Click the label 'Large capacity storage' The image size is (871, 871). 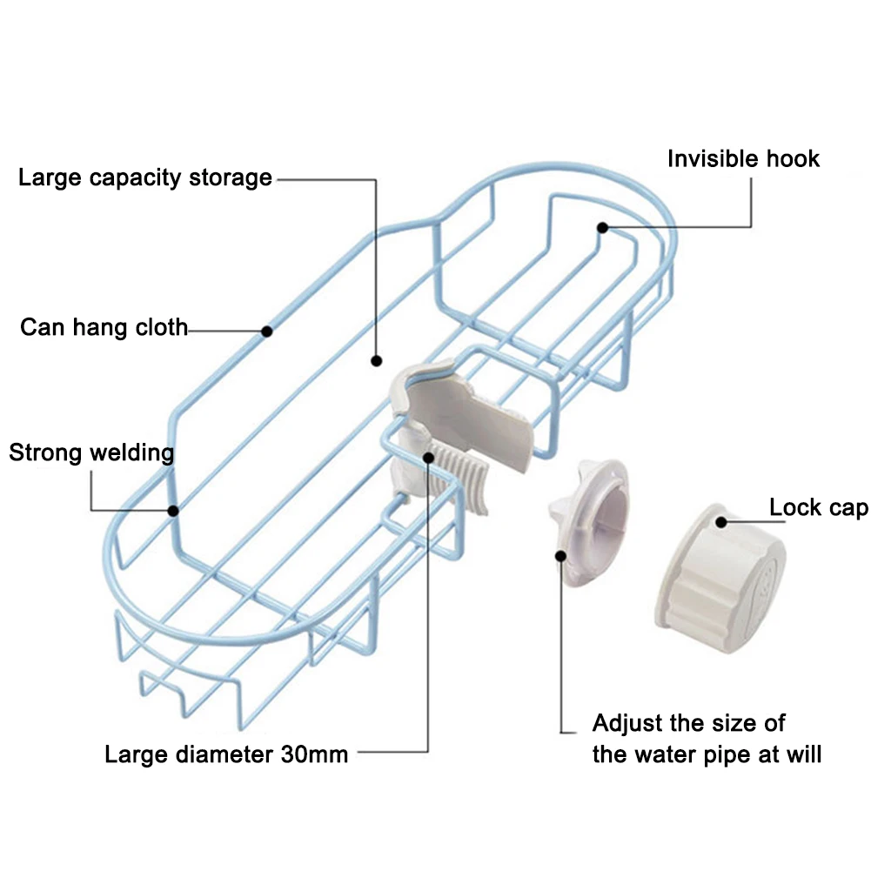click(x=145, y=178)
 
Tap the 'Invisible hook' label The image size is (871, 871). click(x=743, y=158)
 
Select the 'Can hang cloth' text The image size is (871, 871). click(x=104, y=327)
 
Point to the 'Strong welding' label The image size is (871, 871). click(x=90, y=452)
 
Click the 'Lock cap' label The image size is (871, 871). click(x=818, y=507)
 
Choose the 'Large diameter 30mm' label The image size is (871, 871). click(x=226, y=754)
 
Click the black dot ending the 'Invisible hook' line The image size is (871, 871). click(x=601, y=227)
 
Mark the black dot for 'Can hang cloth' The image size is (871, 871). click(x=267, y=331)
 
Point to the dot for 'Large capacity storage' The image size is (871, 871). click(x=376, y=359)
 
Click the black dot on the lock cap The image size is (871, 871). click(x=720, y=521)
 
